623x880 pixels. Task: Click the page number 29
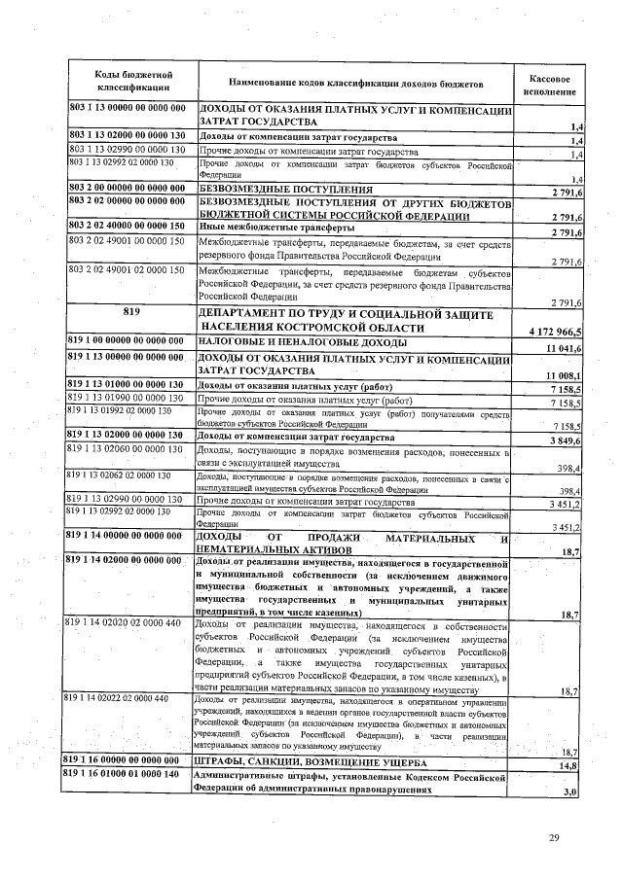[554, 838]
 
